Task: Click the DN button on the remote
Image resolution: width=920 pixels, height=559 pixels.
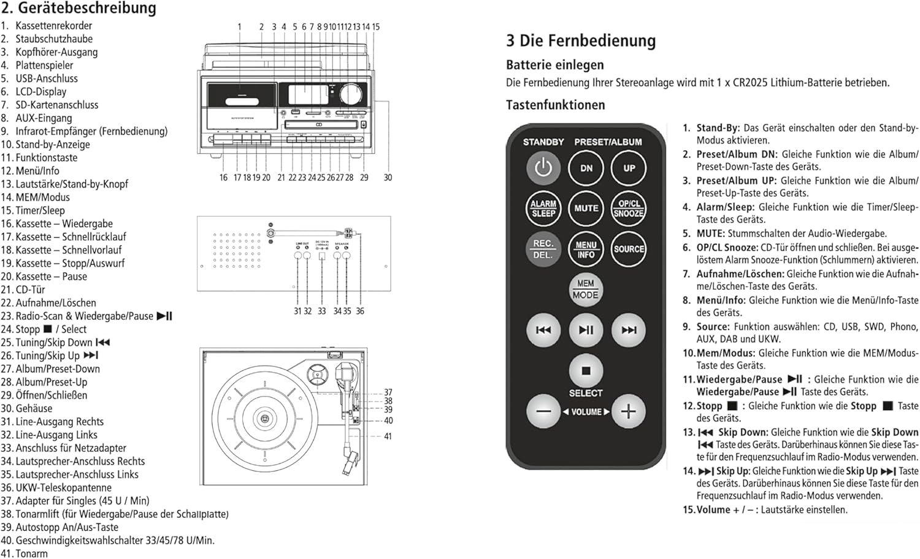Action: [x=586, y=168]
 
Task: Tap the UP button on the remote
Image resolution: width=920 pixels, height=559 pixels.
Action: [x=629, y=168]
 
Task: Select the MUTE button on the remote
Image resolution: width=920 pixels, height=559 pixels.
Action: [x=586, y=208]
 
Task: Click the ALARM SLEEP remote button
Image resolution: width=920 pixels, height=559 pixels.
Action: [x=543, y=208]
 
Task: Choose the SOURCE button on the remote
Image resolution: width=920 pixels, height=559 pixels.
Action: [x=629, y=249]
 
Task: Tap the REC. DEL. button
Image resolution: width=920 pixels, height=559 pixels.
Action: [x=543, y=249]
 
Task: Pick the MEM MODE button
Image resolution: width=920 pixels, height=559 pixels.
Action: [x=586, y=289]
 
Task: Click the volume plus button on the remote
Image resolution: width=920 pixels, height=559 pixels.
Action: [x=629, y=411]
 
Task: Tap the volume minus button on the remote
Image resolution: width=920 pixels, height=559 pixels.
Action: [x=543, y=411]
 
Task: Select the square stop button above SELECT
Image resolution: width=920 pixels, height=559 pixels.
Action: [x=586, y=371]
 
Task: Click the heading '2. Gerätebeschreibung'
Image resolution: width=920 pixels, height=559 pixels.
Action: [x=79, y=9]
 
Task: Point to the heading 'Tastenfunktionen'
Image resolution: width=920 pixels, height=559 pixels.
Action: [x=555, y=105]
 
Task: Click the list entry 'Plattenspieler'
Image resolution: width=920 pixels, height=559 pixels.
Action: [x=44, y=65]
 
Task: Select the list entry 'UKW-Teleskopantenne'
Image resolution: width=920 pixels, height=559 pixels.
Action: [x=63, y=487]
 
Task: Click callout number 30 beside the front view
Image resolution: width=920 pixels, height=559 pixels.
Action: [x=388, y=177]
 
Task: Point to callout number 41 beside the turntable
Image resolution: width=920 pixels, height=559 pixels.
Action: [x=388, y=436]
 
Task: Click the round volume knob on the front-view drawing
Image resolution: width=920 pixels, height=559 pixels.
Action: [x=351, y=94]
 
